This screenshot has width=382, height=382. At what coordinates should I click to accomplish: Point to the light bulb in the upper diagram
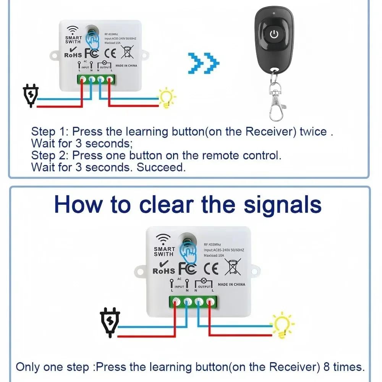167,98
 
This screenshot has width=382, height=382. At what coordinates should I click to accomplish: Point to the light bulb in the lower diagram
283,325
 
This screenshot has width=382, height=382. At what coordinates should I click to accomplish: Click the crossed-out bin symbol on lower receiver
232,267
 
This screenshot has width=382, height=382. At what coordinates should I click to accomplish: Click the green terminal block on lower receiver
193,301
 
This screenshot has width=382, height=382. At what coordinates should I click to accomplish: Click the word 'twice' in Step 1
313,132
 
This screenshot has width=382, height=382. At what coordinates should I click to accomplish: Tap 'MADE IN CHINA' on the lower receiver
231,285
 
